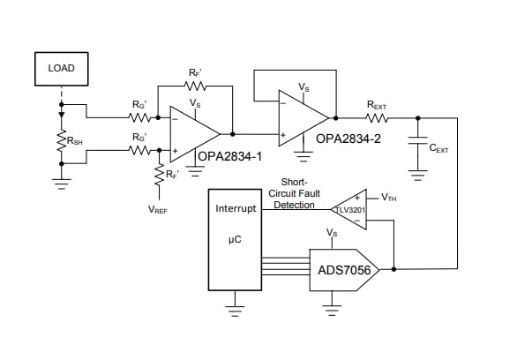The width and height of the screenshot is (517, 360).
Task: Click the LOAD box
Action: click(x=61, y=68)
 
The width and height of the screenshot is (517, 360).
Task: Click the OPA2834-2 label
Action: click(x=349, y=139)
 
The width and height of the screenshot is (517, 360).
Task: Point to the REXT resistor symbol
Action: click(x=377, y=116)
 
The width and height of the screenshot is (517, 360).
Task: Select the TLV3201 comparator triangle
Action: click(x=348, y=210)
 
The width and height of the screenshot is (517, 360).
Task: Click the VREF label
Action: click(x=160, y=211)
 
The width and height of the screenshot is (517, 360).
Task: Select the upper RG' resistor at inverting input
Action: click(x=139, y=116)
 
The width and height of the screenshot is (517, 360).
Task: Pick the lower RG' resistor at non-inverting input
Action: click(x=139, y=151)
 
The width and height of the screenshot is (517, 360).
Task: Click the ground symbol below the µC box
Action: click(x=235, y=311)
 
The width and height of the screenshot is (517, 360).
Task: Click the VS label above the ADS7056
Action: click(x=332, y=233)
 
